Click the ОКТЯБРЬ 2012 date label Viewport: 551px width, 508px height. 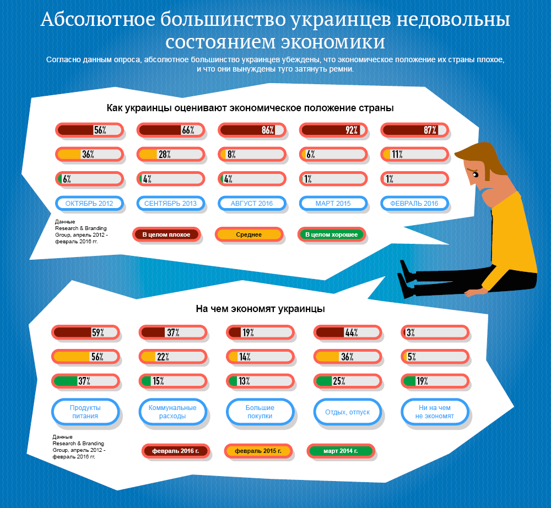pyautogui.click(x=89, y=204)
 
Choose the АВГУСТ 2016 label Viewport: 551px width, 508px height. pyautogui.click(x=252, y=204)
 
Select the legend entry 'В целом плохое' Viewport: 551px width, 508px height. pyautogui.click(x=166, y=235)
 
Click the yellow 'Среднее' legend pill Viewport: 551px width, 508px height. pyautogui.click(x=249, y=235)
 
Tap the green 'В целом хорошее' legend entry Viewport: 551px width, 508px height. pyautogui.click(x=331, y=235)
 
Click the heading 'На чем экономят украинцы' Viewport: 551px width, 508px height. pyautogui.click(x=260, y=309)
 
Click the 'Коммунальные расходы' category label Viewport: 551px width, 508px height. pyautogui.click(x=172, y=412)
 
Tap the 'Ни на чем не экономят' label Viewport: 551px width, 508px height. pyautogui.click(x=435, y=412)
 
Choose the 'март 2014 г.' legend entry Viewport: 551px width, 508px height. pyautogui.click(x=341, y=451)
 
